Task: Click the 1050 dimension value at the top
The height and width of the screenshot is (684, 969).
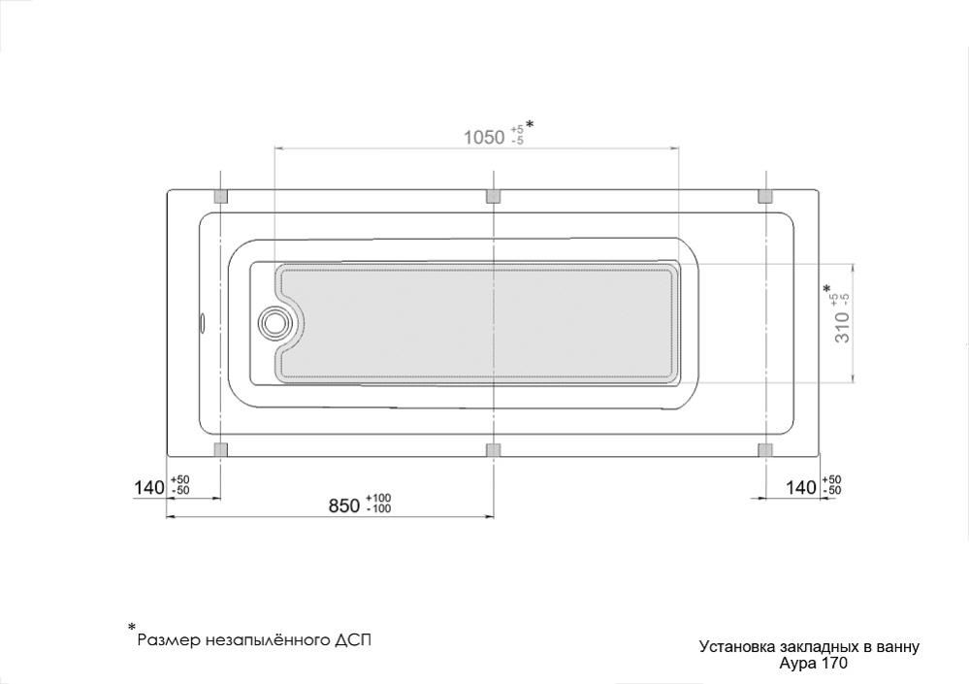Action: [x=484, y=137]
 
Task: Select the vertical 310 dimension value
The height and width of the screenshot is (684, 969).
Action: [x=843, y=328]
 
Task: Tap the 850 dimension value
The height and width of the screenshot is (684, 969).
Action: [x=344, y=505]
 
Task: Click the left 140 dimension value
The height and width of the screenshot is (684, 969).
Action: [x=149, y=487]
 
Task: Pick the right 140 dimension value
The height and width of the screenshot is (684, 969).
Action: [x=801, y=487]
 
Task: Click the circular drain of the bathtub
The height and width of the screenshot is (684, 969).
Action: [x=274, y=322]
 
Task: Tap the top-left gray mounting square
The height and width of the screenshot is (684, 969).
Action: [x=220, y=197]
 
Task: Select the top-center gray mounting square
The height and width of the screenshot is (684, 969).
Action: [x=493, y=197]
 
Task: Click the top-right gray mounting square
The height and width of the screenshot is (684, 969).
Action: [x=765, y=197]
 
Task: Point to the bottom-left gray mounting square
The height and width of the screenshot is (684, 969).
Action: [x=220, y=449]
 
